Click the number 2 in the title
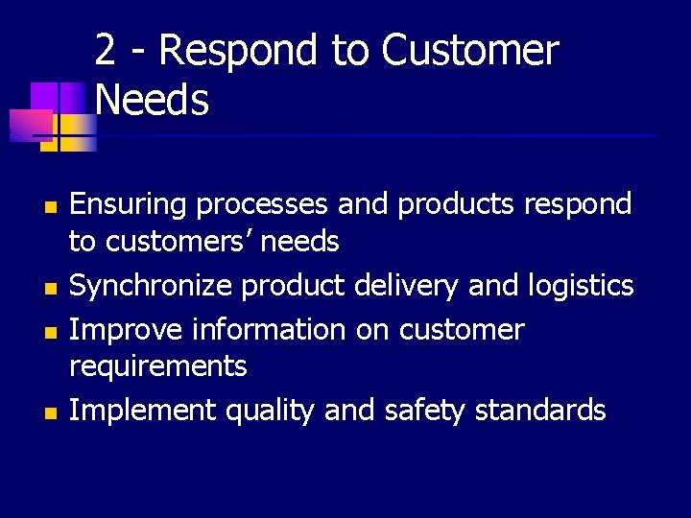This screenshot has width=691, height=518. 107,52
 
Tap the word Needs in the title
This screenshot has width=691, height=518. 153,100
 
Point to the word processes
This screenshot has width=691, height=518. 252,205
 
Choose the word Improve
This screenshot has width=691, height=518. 126,330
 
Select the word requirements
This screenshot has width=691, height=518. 158,366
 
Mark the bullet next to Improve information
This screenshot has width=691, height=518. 52,332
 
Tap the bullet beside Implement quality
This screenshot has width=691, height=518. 52,413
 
